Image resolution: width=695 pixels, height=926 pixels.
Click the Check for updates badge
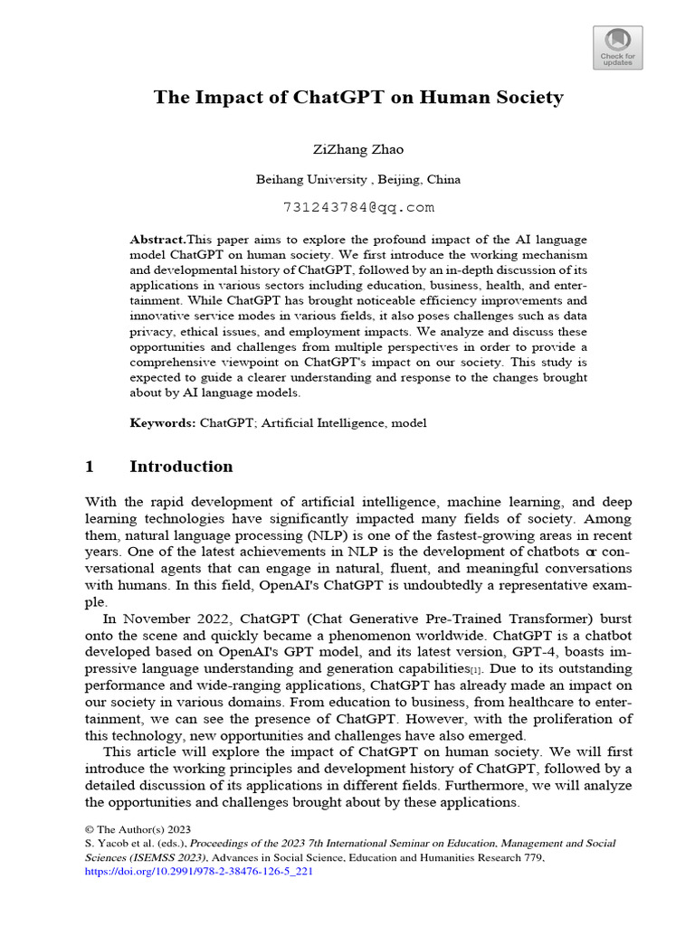[619, 47]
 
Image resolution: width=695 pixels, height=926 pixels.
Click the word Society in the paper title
[518, 98]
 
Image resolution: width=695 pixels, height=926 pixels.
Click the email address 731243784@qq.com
[358, 207]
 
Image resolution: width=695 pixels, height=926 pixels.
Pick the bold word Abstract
[157, 240]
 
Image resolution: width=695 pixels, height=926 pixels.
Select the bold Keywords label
[163, 422]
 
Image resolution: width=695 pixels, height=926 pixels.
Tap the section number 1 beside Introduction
[90, 467]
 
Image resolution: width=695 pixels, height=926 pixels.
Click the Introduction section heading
[181, 467]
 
